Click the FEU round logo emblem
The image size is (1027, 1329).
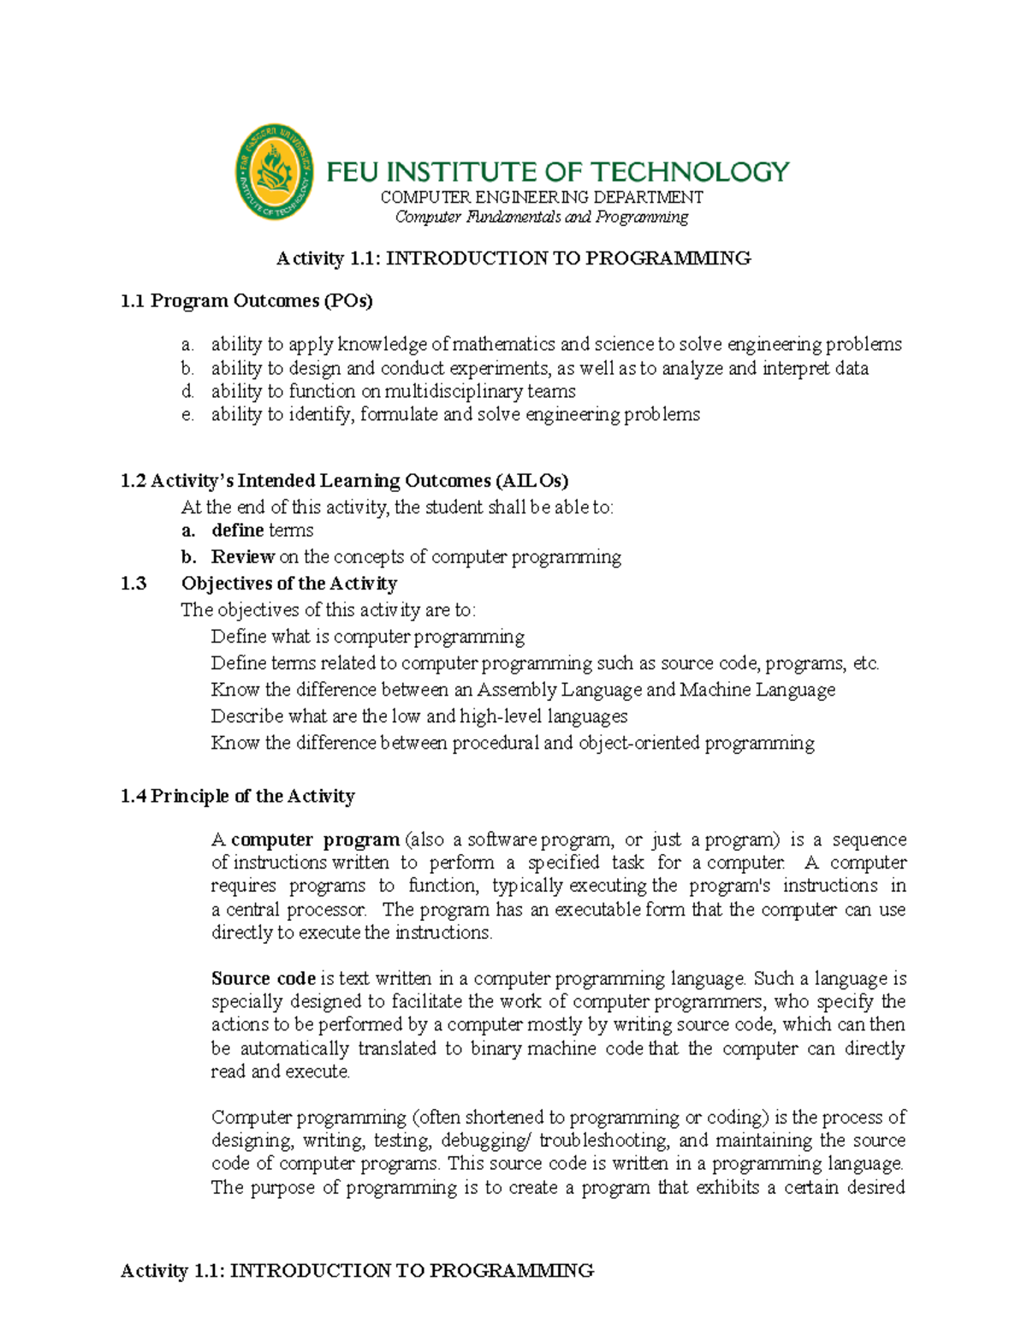[274, 171]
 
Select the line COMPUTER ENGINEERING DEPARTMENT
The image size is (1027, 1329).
[541, 197]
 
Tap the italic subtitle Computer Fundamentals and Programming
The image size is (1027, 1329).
[541, 217]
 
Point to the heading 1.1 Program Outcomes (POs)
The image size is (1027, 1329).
[246, 300]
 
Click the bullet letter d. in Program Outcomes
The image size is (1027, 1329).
[187, 391]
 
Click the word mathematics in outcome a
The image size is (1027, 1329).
[503, 344]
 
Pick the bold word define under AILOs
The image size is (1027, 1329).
[237, 531]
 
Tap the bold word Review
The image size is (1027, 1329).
[242, 557]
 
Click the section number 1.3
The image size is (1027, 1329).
[134, 584]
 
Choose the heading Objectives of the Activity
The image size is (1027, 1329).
[289, 584]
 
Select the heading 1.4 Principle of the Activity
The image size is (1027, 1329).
[237, 796]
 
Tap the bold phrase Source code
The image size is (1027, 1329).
[264, 978]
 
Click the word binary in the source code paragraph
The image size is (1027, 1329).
[496, 1048]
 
